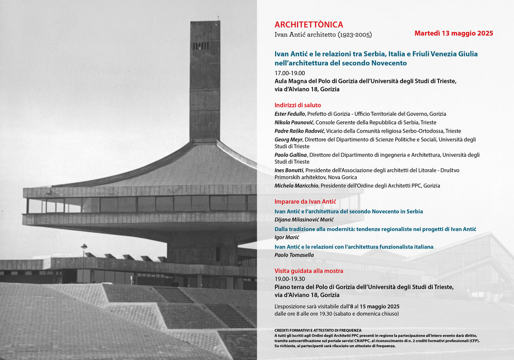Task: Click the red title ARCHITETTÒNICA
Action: coord(308,25)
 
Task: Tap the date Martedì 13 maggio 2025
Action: coord(453,33)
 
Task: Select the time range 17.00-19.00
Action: coord(290,73)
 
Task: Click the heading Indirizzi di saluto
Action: coord(298,105)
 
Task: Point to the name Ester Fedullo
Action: coord(290,114)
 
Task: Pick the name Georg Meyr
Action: coord(289,139)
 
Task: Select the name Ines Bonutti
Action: coord(289,170)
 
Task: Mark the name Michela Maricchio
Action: coord(297,186)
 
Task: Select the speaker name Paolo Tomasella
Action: coord(294,255)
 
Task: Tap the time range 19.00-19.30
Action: coord(290,279)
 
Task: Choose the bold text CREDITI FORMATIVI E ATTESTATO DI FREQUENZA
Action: coord(318,330)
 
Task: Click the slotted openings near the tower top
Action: coord(201,46)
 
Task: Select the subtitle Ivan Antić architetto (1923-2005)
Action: coord(323,35)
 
